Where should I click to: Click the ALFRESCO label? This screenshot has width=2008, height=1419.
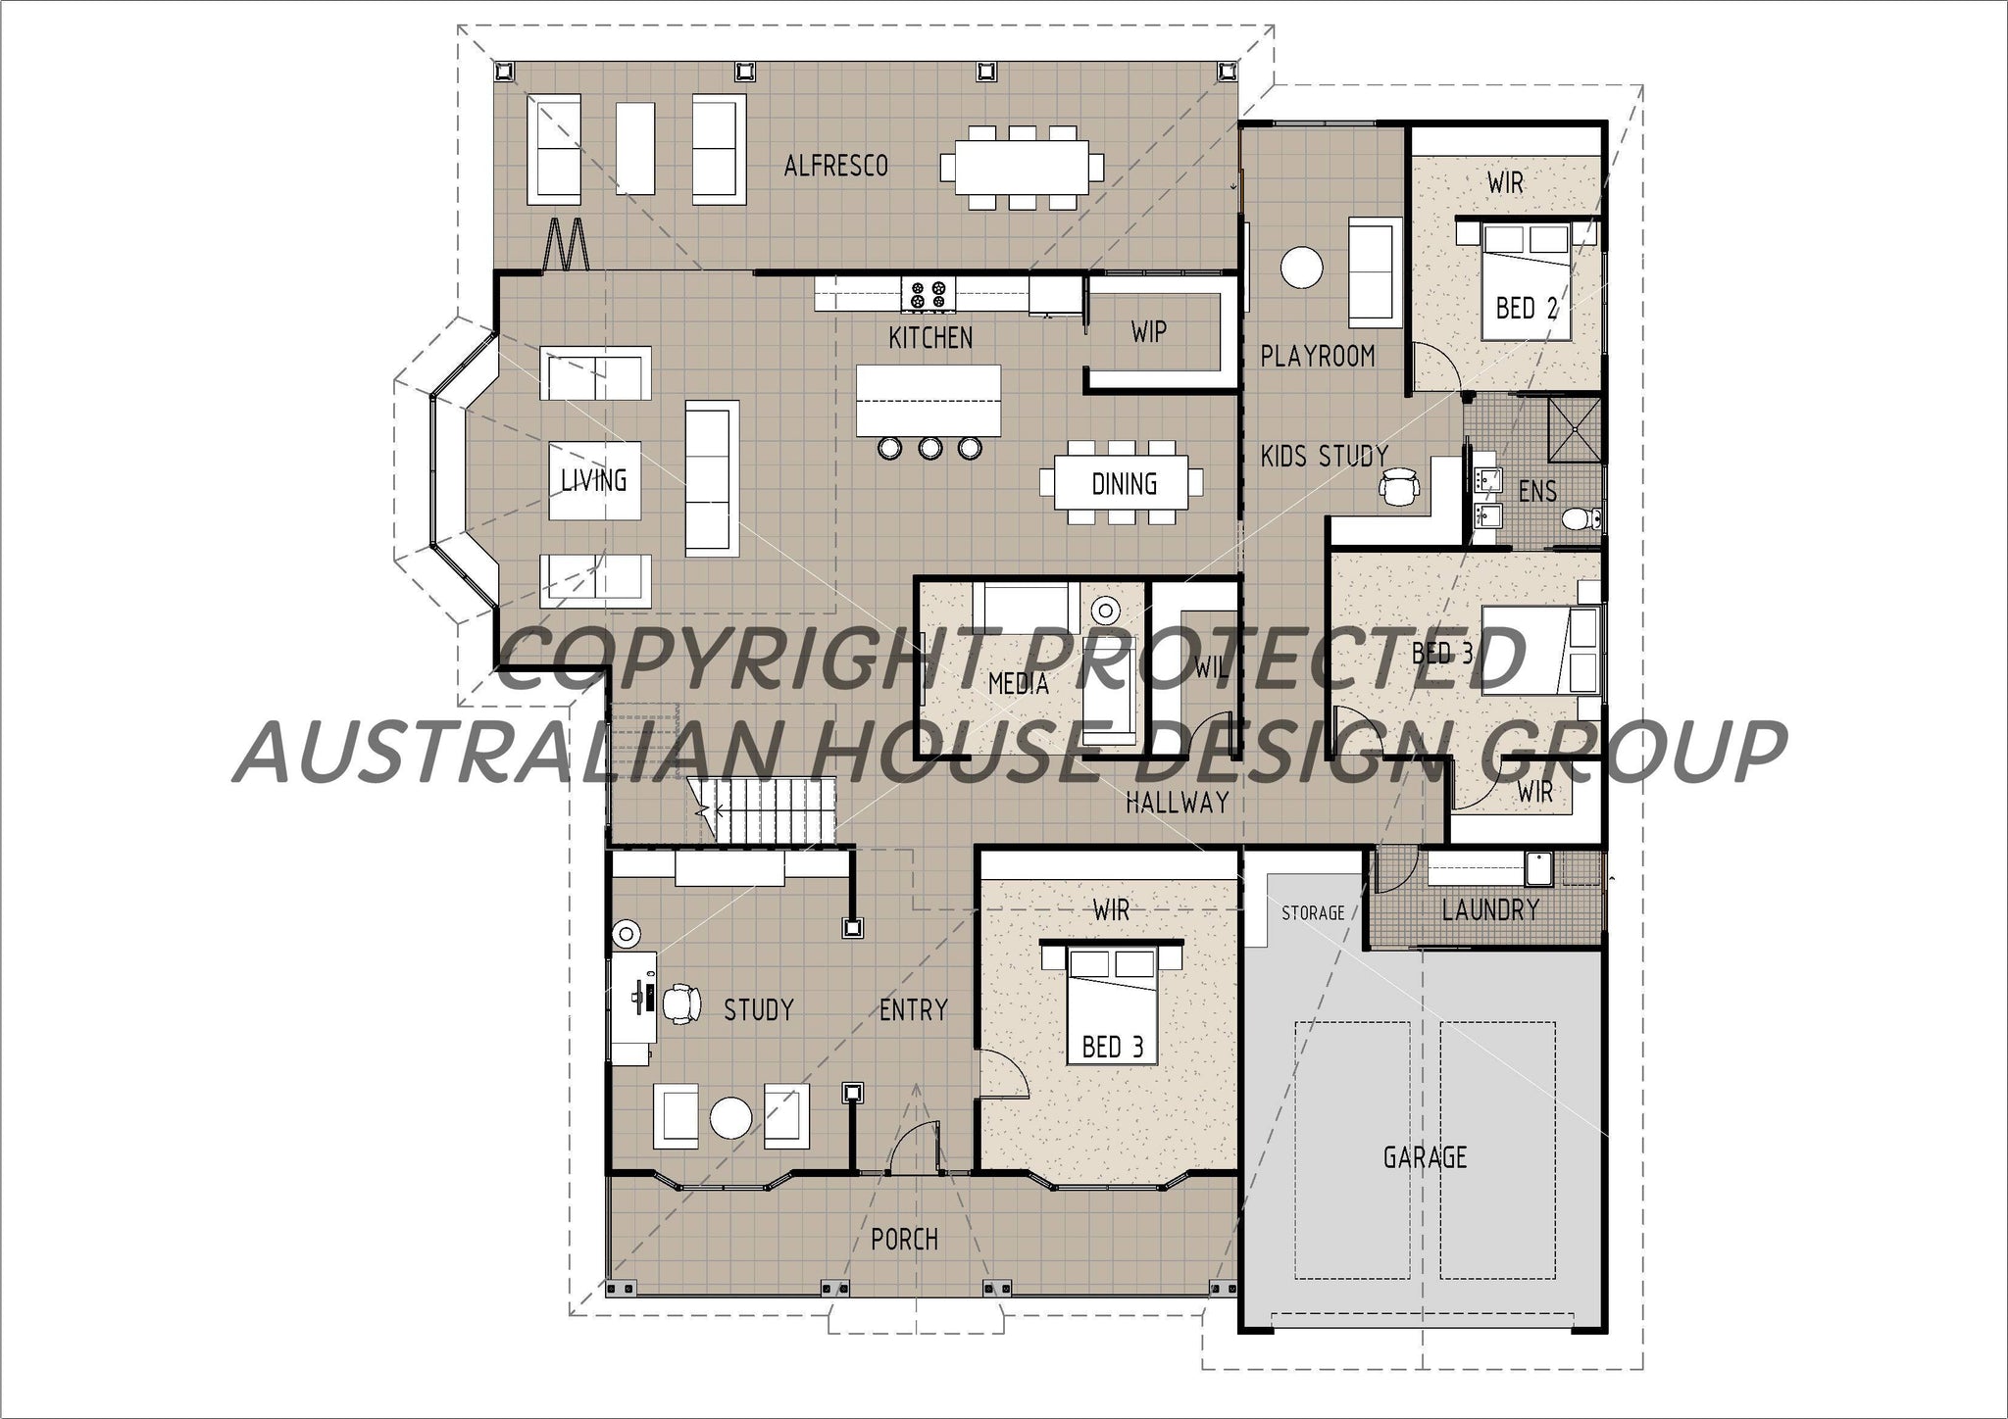click(x=835, y=166)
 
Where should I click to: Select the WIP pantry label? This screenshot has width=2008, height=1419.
click(x=1148, y=332)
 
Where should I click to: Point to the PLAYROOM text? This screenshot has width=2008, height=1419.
click(x=1317, y=356)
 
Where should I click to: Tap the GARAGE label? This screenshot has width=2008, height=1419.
click(x=1425, y=1157)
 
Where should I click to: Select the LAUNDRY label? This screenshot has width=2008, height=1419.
click(x=1490, y=910)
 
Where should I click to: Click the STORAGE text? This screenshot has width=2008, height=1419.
click(x=1313, y=913)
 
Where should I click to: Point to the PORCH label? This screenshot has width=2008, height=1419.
click(x=904, y=1240)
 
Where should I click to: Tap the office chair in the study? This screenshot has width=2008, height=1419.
click(x=682, y=1003)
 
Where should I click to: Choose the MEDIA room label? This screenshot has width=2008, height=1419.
click(x=1018, y=684)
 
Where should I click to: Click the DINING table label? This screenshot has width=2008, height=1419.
click(x=1124, y=484)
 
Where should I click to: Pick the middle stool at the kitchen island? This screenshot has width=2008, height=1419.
click(x=929, y=449)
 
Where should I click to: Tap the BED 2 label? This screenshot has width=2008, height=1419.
click(x=1526, y=309)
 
